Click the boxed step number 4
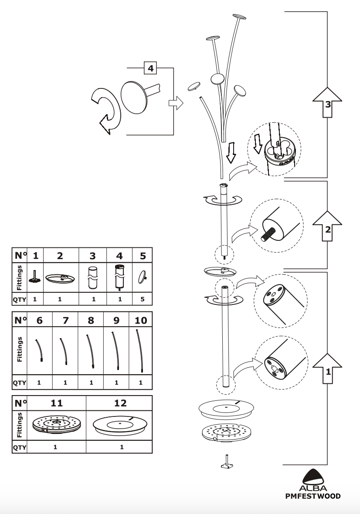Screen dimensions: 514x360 (x=151, y=68)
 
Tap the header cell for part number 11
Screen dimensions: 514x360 (x=57, y=403)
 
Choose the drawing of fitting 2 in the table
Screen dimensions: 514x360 (x=60, y=278)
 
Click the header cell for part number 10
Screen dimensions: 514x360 (x=141, y=320)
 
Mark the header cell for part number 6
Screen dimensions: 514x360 (x=39, y=320)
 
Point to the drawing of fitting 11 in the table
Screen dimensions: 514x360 (x=56, y=425)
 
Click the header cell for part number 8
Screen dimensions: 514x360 (x=91, y=320)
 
